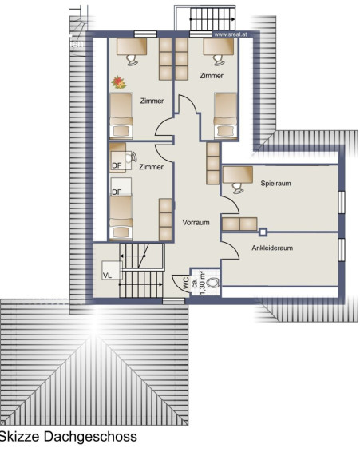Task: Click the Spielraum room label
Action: pos(275,184)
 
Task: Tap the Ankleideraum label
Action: pos(272,248)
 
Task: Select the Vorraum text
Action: pos(196,222)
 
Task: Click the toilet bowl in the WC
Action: pos(213,283)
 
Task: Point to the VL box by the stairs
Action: pos(112,270)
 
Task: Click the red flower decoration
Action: pos(119,82)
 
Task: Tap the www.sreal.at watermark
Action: pos(231,34)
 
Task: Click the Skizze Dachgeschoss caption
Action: pos(68,437)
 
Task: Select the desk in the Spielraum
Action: pos(238,175)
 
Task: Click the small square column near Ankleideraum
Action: pos(263,232)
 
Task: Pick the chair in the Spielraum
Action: pos(238,188)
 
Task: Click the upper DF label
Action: pos(117,165)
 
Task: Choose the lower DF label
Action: pos(117,192)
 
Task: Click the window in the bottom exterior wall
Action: pos(173,301)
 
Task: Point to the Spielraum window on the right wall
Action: pos(342,202)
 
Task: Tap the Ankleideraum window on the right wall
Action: pos(342,250)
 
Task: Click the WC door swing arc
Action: pos(178,281)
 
